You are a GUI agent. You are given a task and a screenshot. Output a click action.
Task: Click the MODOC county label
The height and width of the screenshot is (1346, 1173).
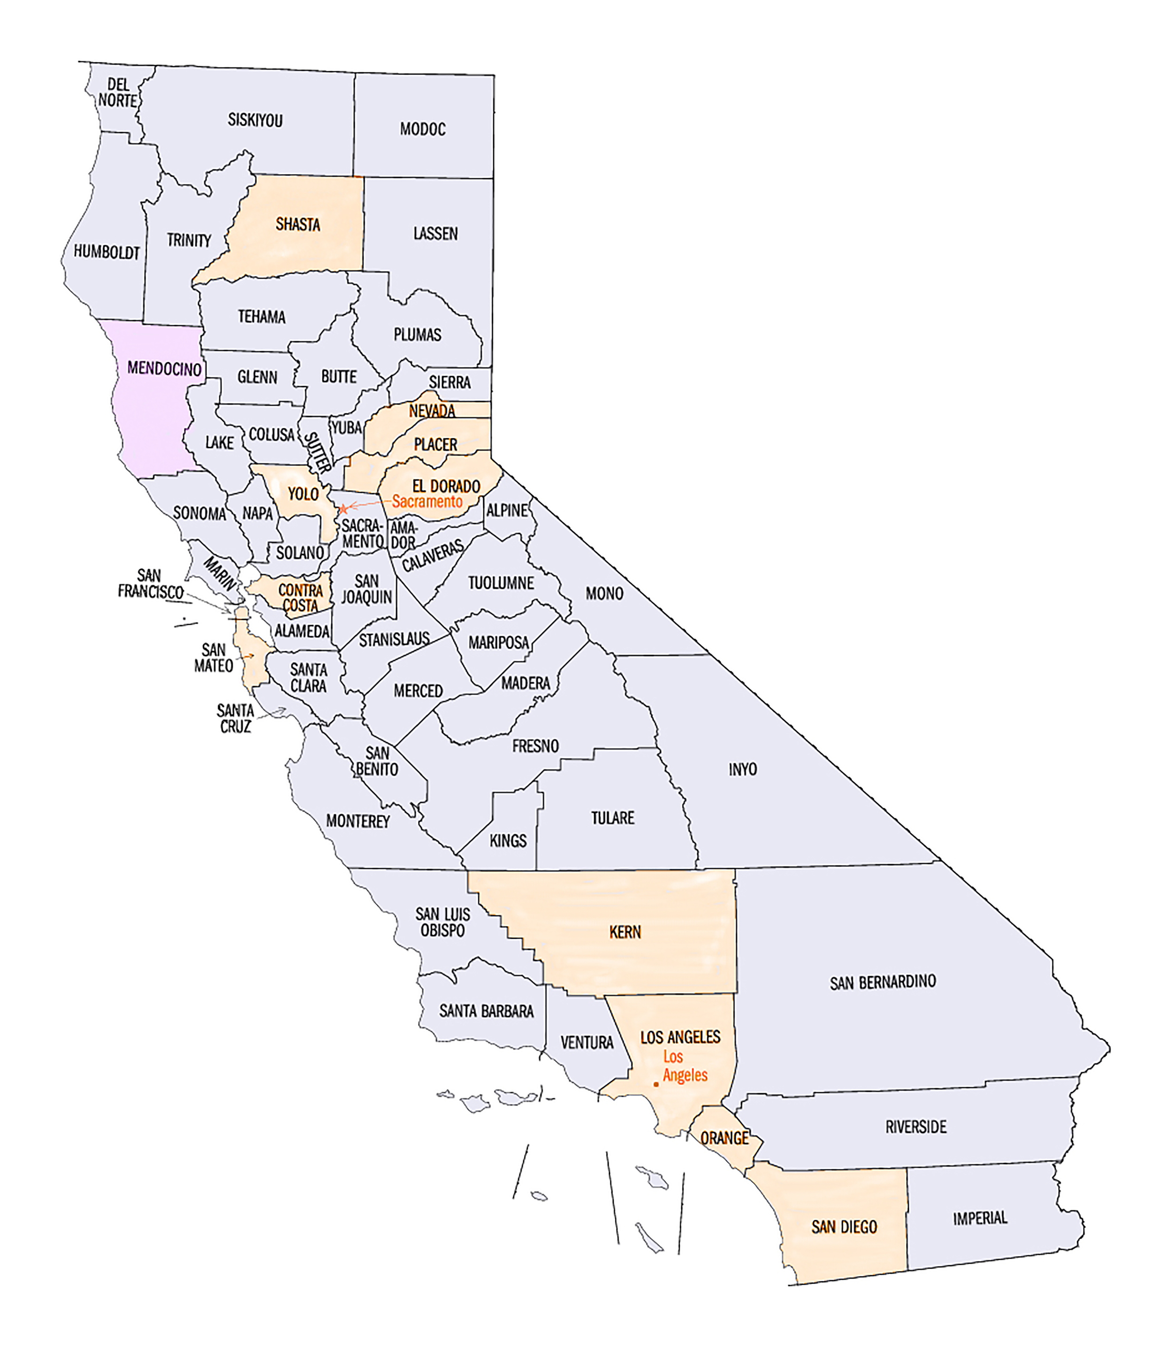click(423, 129)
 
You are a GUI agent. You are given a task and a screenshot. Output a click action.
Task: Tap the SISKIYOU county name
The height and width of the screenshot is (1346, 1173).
click(255, 120)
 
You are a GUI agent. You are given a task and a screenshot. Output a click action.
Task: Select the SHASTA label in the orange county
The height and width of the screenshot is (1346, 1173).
click(298, 224)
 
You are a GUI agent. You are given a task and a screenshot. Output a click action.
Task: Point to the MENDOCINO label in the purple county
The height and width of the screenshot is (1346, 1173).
click(164, 368)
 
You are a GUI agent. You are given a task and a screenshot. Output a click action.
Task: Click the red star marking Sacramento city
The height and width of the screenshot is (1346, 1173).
click(343, 509)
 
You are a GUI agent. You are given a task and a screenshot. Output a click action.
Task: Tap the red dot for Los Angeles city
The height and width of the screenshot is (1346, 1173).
click(656, 1084)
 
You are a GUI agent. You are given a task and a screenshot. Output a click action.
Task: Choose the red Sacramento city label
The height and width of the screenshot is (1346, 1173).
click(427, 502)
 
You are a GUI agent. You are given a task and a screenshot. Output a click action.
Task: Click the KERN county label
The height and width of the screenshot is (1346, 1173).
click(625, 932)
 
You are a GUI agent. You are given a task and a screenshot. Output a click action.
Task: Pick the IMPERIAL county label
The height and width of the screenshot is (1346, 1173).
click(979, 1218)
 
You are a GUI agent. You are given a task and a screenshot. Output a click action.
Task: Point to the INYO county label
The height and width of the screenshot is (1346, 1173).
click(743, 769)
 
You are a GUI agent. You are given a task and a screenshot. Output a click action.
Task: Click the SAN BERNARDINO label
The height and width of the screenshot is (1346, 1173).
click(883, 982)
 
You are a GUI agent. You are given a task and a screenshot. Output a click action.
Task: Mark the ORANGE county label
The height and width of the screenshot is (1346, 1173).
click(724, 1138)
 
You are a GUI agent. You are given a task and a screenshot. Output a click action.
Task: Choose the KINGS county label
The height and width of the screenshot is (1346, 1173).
click(508, 840)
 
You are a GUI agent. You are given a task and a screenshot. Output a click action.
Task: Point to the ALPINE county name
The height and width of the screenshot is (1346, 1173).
click(507, 510)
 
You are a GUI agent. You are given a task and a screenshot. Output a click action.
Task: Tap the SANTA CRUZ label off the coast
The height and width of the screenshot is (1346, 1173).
click(236, 718)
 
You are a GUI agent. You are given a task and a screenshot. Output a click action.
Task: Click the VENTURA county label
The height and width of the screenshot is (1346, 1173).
click(586, 1042)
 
